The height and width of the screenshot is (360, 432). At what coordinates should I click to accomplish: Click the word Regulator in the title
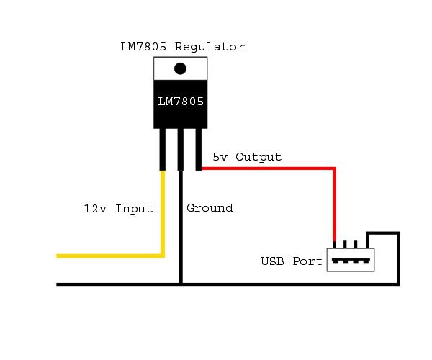pos(210,47)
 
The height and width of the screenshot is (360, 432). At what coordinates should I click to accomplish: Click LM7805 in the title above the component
pos(143,47)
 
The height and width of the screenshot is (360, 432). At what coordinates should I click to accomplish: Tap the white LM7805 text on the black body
pos(181,102)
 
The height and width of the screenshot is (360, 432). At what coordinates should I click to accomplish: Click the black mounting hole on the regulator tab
pos(180,68)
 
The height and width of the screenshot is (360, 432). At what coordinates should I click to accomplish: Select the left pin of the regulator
pos(163,150)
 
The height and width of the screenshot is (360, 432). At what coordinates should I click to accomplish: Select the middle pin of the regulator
pos(181,150)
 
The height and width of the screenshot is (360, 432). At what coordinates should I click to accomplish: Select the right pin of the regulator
pos(199,150)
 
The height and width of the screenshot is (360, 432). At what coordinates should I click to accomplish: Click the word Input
pos(134,209)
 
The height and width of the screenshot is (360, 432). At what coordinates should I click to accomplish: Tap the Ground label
pos(210,208)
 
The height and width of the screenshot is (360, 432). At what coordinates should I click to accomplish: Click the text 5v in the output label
pos(220,157)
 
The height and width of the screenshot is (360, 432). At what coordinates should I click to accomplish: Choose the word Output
pos(258,157)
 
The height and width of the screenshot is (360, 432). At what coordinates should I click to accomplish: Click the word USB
pos(272,261)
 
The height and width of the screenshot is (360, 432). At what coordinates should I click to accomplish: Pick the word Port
pos(307,261)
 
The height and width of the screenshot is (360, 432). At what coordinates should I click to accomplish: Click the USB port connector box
pos(351,260)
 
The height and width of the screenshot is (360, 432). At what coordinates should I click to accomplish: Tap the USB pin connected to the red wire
pos(334,245)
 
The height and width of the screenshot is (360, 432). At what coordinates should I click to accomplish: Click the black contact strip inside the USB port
pos(351,261)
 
